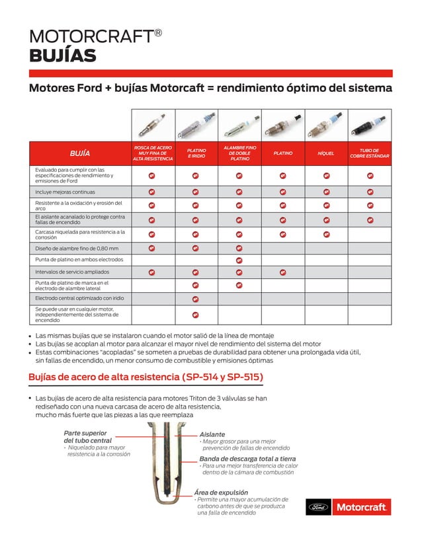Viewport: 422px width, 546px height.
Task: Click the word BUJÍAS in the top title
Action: tap(63, 56)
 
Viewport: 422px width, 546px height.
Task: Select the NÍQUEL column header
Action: tap(326, 153)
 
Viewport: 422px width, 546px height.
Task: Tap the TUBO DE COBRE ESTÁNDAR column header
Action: tap(370, 153)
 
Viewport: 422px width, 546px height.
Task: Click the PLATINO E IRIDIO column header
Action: tap(196, 153)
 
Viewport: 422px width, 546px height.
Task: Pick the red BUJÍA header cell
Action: tap(80, 153)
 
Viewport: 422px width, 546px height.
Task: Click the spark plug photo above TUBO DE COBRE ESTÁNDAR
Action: tap(370, 125)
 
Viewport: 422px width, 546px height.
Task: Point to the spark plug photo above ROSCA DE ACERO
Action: tap(152, 125)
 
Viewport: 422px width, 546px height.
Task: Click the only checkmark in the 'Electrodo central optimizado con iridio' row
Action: tap(196, 299)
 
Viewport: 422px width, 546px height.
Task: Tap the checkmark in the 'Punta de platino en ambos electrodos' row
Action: tap(239, 260)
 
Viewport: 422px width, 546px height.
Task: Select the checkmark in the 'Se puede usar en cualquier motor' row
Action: tap(196, 315)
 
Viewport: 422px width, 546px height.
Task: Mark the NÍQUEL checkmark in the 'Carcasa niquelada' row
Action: tap(326, 234)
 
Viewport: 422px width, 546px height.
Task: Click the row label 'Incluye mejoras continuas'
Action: tap(65, 192)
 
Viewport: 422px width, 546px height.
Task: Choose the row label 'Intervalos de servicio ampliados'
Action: tap(72, 272)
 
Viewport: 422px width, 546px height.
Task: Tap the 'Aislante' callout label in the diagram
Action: tap(212, 434)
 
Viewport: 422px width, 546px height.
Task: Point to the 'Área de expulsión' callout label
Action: tap(221, 492)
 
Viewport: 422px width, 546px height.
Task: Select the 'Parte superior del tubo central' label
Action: tap(87, 436)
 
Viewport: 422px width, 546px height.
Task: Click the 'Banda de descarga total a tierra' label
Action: tap(247, 458)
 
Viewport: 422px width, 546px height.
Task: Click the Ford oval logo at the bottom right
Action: tap(317, 508)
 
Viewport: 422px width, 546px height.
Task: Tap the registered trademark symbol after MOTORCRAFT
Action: tap(158, 31)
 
